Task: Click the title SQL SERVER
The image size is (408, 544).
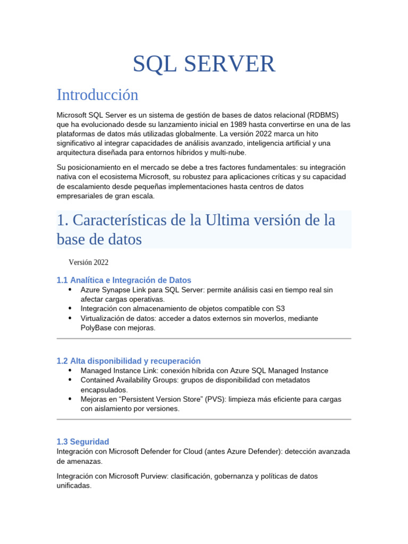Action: pos(204,64)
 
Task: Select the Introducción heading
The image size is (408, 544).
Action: pos(97,95)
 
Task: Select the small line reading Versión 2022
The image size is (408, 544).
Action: pos(89,262)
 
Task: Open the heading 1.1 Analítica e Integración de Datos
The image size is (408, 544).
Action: pos(124,280)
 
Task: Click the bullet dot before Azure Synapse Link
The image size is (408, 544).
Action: pos(70,290)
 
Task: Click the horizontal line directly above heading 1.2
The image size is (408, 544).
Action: pos(204,338)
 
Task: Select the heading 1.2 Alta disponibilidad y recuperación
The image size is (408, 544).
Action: pos(129,361)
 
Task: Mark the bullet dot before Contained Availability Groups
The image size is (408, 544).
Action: pos(70,380)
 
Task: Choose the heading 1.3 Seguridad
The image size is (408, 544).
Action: pos(83,441)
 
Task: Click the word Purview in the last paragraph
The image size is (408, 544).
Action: pos(155,477)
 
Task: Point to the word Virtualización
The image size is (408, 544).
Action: pos(106,318)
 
